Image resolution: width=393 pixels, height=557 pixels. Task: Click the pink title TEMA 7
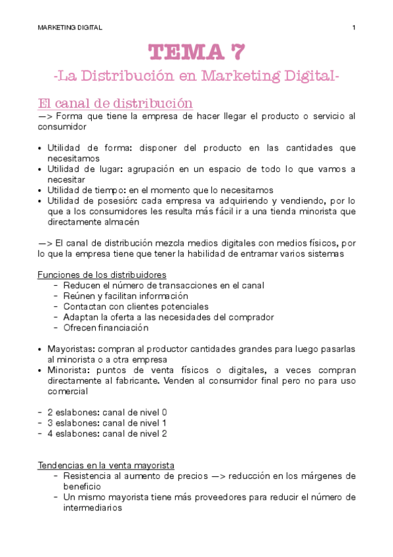[197, 51]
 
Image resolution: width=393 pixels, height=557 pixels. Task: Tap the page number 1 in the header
[354, 27]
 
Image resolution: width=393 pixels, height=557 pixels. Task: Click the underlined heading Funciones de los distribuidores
[102, 275]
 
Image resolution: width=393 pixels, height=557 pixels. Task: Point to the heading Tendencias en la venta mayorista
[105, 465]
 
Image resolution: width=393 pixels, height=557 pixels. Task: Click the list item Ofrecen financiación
[106, 328]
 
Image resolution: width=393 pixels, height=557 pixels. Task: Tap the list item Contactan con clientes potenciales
[136, 306]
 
